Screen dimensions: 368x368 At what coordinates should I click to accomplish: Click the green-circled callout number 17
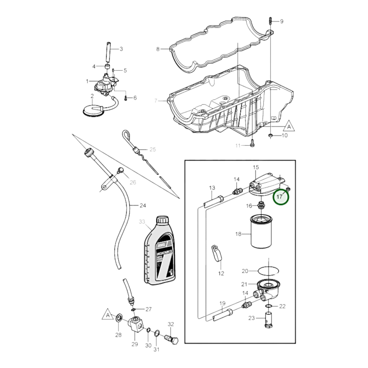pos(281,197)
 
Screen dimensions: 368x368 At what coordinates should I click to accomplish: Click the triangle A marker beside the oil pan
pos(289,126)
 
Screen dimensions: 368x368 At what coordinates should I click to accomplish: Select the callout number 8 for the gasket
pos(158,49)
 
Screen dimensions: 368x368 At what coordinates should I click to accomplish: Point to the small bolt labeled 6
pos(126,98)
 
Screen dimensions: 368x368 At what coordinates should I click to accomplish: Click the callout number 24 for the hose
pos(143,205)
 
